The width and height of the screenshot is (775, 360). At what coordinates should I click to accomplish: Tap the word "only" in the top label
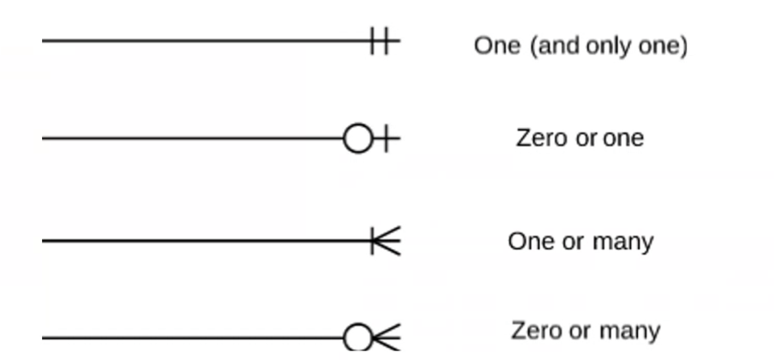pyautogui.click(x=605, y=45)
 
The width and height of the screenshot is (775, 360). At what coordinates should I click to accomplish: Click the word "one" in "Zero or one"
pyautogui.click(x=622, y=137)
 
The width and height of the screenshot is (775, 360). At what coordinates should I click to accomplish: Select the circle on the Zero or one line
pyautogui.click(x=357, y=138)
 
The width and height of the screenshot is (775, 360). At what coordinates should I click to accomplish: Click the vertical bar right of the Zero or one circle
pyautogui.click(x=386, y=138)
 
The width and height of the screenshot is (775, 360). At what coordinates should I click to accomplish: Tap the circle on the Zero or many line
pyautogui.click(x=357, y=338)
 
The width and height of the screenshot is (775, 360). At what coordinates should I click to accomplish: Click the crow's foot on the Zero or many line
pyautogui.click(x=387, y=338)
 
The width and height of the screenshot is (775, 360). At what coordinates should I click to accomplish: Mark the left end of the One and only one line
pyautogui.click(x=44, y=40)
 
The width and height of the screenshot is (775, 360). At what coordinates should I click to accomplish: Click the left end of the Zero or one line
pyautogui.click(x=44, y=138)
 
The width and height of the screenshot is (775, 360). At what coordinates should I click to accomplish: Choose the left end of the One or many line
pyautogui.click(x=44, y=242)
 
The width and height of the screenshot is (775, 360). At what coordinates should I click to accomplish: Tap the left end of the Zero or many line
pyautogui.click(x=44, y=338)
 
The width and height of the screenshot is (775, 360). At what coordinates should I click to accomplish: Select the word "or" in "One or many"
pyautogui.click(x=572, y=242)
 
